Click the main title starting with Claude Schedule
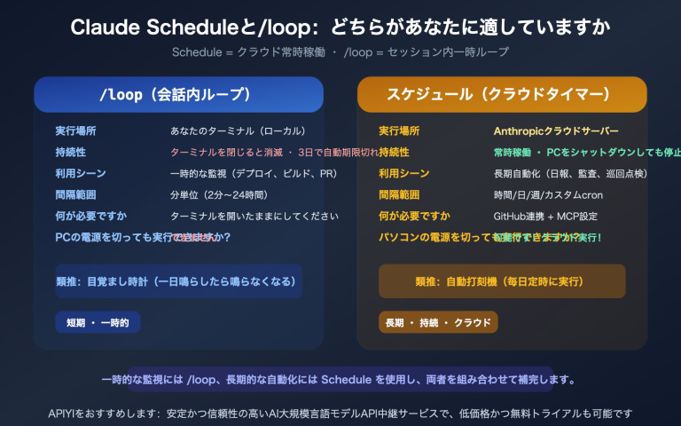[x=340, y=28]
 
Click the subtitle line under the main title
[x=340, y=52]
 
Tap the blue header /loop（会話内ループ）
[x=178, y=95]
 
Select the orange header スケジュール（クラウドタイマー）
[x=502, y=95]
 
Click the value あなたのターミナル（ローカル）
[x=238, y=130]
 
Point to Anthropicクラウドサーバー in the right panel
[x=556, y=130]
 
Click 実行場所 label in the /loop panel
[x=75, y=130]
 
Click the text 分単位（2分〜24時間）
[x=218, y=194]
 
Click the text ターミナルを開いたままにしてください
[x=254, y=216]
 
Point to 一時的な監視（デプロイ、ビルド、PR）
[x=253, y=173]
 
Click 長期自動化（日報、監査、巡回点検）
[x=570, y=173]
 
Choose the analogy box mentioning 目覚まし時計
[x=178, y=281]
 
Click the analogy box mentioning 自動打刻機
[x=502, y=281]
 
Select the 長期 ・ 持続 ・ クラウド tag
[x=438, y=322]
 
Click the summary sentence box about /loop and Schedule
[x=340, y=380]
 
